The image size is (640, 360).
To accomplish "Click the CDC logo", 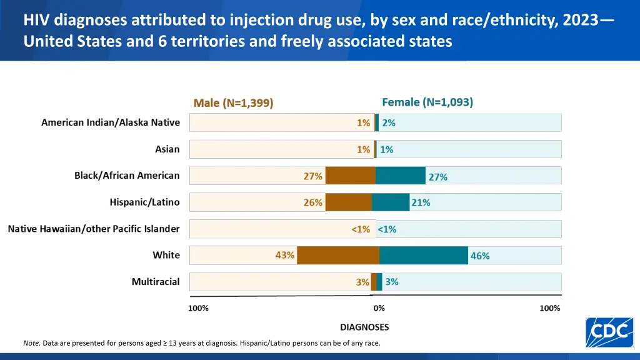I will (x=609, y=332).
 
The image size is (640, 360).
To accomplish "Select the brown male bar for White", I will (x=338, y=256).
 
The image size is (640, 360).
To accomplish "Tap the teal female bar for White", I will (x=423, y=256).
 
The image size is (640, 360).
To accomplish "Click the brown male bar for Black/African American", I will (x=351, y=176).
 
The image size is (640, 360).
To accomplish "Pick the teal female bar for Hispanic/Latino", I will (x=391, y=202).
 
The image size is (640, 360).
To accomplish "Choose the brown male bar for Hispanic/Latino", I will (x=349, y=202).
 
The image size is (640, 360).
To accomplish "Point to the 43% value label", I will (x=285, y=255).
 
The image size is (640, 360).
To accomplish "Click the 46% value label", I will (x=480, y=256).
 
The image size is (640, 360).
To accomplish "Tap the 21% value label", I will (x=421, y=202).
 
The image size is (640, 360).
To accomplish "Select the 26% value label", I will (x=313, y=202).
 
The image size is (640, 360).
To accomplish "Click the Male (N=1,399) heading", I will (x=234, y=103).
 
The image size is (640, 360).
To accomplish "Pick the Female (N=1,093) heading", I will (x=427, y=102).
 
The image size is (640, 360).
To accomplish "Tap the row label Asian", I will (x=167, y=149).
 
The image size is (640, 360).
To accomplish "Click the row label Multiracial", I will (x=156, y=282).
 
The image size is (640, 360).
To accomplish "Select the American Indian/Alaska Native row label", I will (x=111, y=122).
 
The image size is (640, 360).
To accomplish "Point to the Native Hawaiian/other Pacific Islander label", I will (x=94, y=229).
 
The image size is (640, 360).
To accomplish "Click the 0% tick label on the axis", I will (x=379, y=308).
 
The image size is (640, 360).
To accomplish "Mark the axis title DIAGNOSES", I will (x=364, y=327).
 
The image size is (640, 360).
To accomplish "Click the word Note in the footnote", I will (x=31, y=343).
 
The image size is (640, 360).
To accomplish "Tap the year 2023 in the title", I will (x=579, y=21).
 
